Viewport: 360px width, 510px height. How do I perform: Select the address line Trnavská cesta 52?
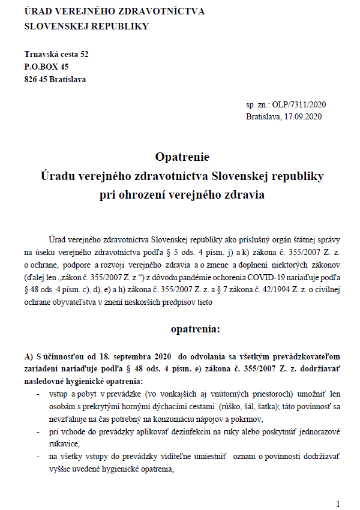56,54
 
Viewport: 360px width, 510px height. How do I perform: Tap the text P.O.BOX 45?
46,67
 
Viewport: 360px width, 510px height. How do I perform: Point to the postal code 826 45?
35,79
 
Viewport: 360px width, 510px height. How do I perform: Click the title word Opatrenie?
182,157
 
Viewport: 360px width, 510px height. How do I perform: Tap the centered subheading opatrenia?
195,329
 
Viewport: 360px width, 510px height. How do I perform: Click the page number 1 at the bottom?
338,503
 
